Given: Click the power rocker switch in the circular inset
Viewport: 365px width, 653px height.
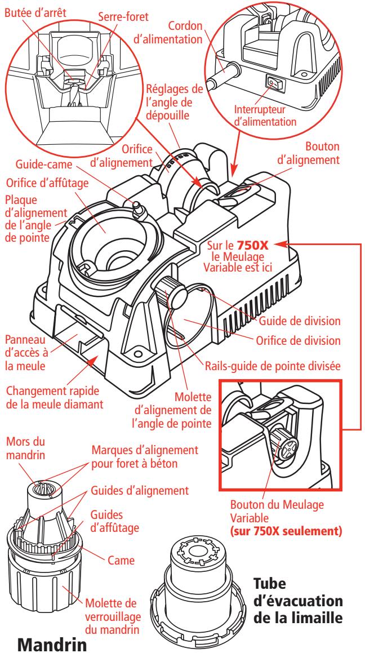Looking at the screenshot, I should pyautogui.click(x=273, y=84).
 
